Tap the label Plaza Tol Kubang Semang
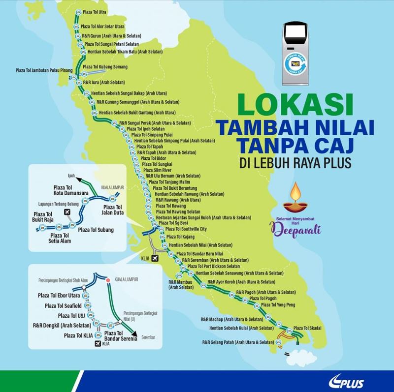click(x=105, y=66)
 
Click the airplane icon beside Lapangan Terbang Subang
click(x=68, y=211)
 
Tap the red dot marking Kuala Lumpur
click(x=107, y=280)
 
